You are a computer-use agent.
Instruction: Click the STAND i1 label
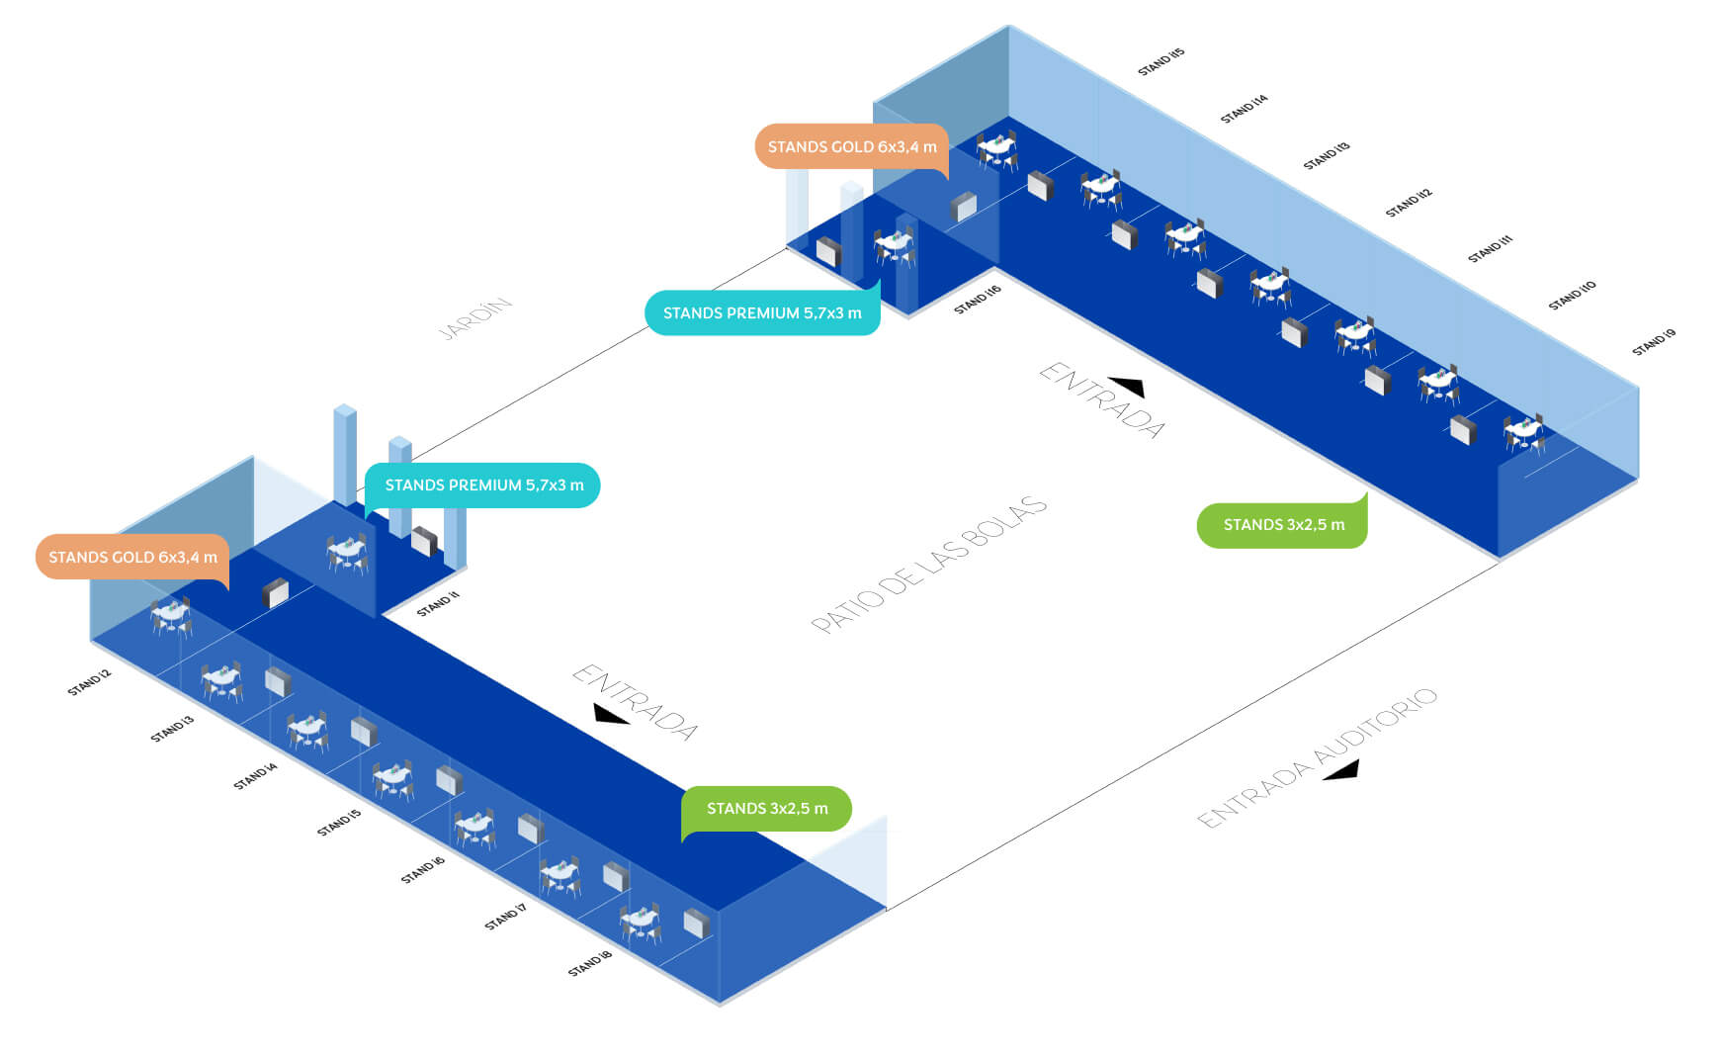click(438, 603)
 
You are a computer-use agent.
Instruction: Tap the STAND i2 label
click(89, 682)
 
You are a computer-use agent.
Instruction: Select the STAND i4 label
click(255, 776)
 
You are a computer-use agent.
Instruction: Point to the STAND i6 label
click(422, 870)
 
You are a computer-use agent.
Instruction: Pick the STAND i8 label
click(589, 963)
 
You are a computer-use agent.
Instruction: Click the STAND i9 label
click(1653, 342)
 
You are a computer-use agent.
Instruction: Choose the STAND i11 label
click(1490, 248)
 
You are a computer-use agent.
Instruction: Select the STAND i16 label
click(977, 300)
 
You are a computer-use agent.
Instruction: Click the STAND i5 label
click(338, 823)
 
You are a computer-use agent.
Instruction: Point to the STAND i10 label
click(1572, 296)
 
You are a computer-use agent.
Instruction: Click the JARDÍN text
click(475, 318)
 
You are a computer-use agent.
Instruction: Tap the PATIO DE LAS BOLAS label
click(928, 565)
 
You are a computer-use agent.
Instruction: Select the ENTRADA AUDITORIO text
click(1317, 757)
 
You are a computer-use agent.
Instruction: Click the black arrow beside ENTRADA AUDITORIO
click(1341, 770)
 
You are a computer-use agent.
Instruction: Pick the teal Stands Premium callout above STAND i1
click(482, 485)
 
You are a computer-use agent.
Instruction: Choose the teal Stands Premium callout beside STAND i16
click(762, 312)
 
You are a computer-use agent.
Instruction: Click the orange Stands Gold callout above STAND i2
click(132, 557)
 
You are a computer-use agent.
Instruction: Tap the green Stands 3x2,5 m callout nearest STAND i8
click(767, 809)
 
